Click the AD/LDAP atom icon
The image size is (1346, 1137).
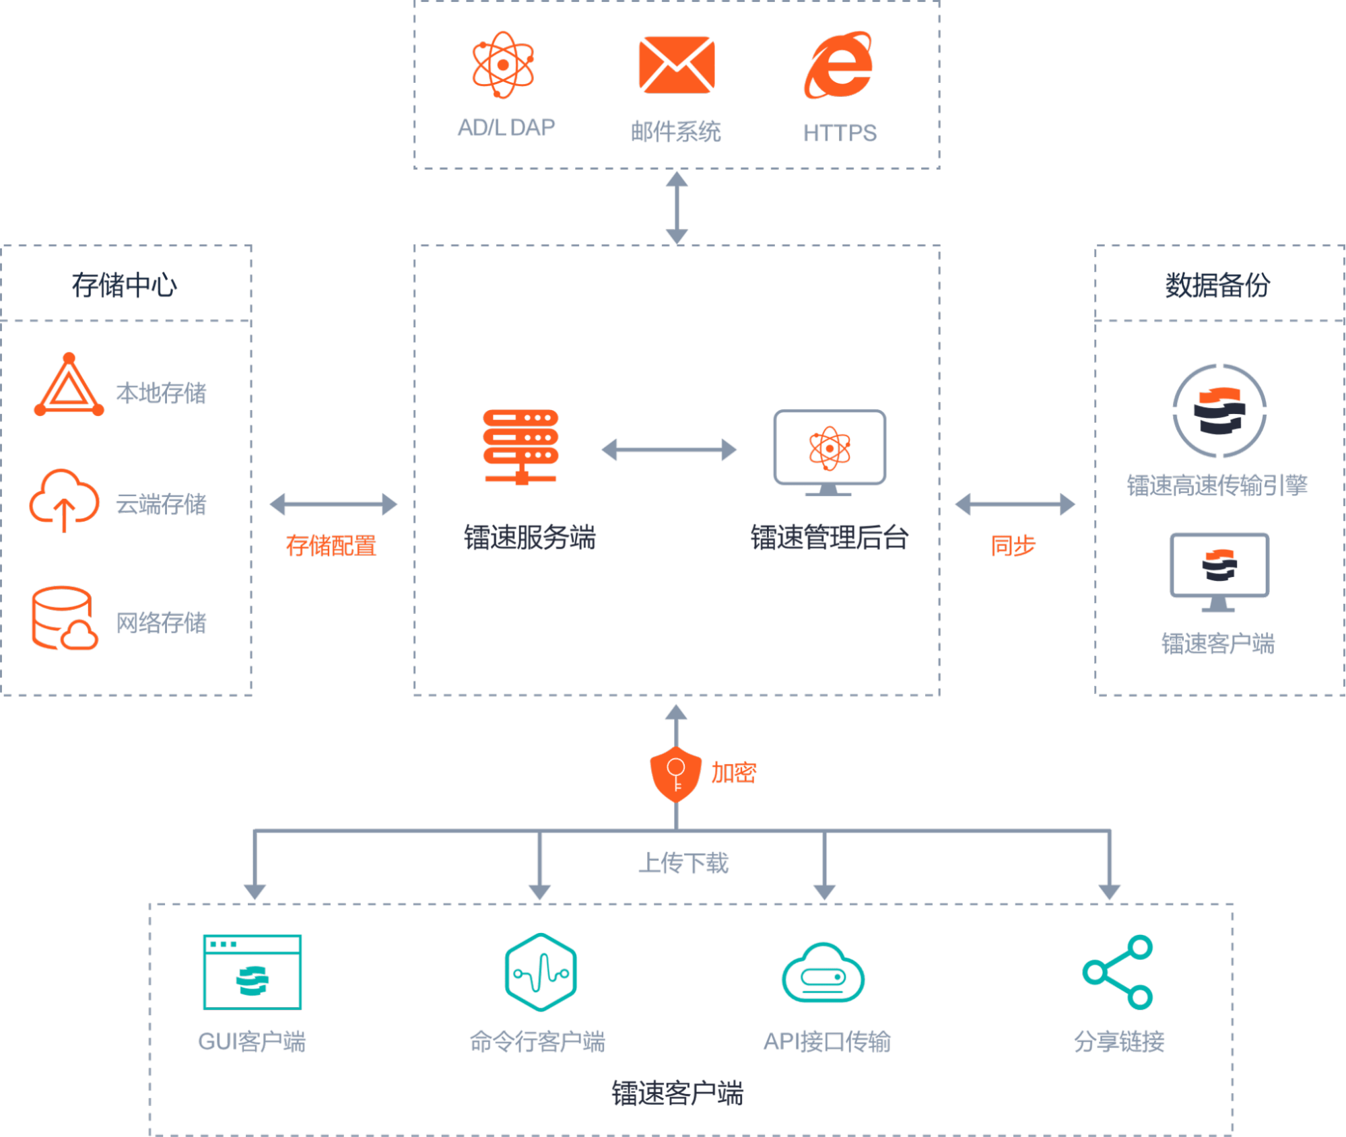503,65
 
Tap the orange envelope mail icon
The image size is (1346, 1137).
676,65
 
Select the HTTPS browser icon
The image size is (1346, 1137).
839,65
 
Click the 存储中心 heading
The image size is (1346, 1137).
125,285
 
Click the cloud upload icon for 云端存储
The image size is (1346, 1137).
64,499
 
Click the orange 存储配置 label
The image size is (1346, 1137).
331,545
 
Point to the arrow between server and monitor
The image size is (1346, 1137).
669,450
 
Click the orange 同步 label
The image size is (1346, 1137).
1013,545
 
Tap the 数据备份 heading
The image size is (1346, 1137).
1217,285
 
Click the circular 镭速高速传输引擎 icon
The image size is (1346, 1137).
1219,411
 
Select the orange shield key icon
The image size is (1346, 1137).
675,773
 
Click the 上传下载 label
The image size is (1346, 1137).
683,863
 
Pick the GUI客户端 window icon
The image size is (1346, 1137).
253,972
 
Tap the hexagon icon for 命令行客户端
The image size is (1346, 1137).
541,972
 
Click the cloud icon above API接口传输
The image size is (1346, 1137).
823,973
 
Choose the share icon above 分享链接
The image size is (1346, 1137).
1118,972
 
